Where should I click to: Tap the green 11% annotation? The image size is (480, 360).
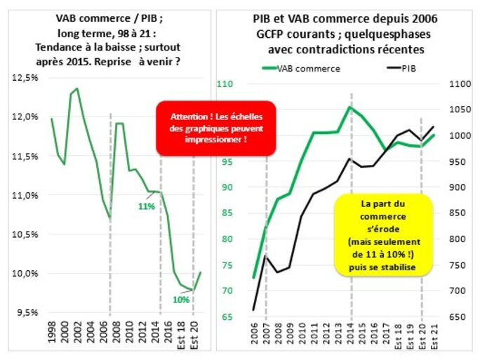click(x=146, y=206)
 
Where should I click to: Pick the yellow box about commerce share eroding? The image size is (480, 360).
click(x=380, y=235)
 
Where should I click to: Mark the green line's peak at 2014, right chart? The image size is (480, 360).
click(x=350, y=107)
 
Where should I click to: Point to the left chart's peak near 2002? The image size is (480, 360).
click(x=76, y=88)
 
